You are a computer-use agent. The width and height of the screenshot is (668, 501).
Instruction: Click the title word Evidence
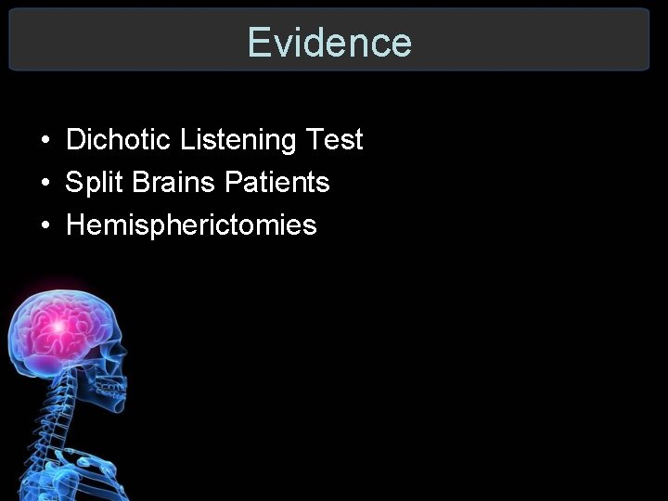[x=329, y=43]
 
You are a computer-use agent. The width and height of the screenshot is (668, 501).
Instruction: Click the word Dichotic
[x=119, y=140]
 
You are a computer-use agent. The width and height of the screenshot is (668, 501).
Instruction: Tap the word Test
[x=334, y=140]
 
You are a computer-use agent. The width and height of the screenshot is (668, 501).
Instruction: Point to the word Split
[x=95, y=183]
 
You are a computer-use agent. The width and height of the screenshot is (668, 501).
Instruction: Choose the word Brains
[x=174, y=183]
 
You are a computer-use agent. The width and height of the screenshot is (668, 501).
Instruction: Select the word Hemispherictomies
[x=191, y=225]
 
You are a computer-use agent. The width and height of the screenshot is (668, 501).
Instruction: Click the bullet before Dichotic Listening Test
[x=45, y=141]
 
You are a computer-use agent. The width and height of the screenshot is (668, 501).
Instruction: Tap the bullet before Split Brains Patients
[x=45, y=184]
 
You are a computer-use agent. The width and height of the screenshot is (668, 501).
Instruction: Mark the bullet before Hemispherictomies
[x=45, y=226]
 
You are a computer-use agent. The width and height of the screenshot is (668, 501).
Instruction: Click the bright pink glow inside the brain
[x=58, y=325]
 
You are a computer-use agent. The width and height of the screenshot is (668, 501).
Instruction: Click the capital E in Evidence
[x=259, y=43]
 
